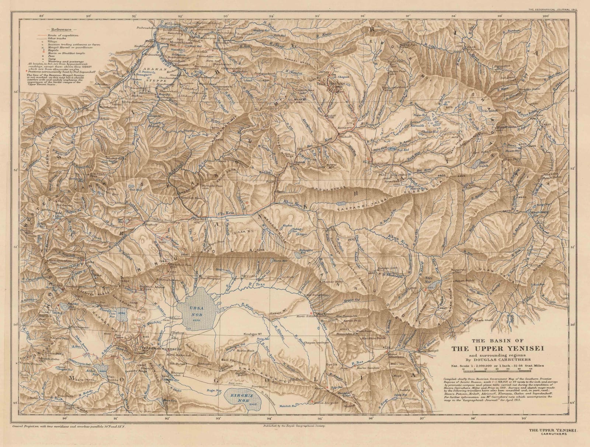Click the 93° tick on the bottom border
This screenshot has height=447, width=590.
coord(219,429)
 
